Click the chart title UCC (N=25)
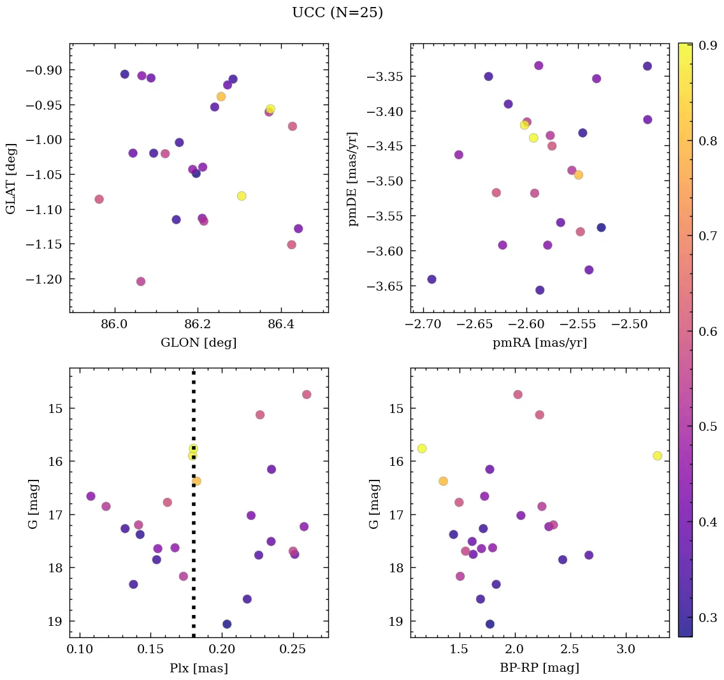click(337, 13)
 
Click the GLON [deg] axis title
click(198, 343)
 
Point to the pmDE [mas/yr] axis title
click(353, 179)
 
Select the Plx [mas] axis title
click(198, 668)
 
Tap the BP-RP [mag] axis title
click(540, 668)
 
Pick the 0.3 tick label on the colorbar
click(705, 618)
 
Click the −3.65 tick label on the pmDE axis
click(384, 286)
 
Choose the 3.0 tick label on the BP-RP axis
click(626, 649)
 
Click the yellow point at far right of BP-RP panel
click(657, 456)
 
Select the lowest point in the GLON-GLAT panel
click(141, 282)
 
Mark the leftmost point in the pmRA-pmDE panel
click(431, 279)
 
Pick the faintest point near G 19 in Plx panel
click(227, 624)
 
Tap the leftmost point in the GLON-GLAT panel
click(99, 199)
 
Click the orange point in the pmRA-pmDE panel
click(578, 175)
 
